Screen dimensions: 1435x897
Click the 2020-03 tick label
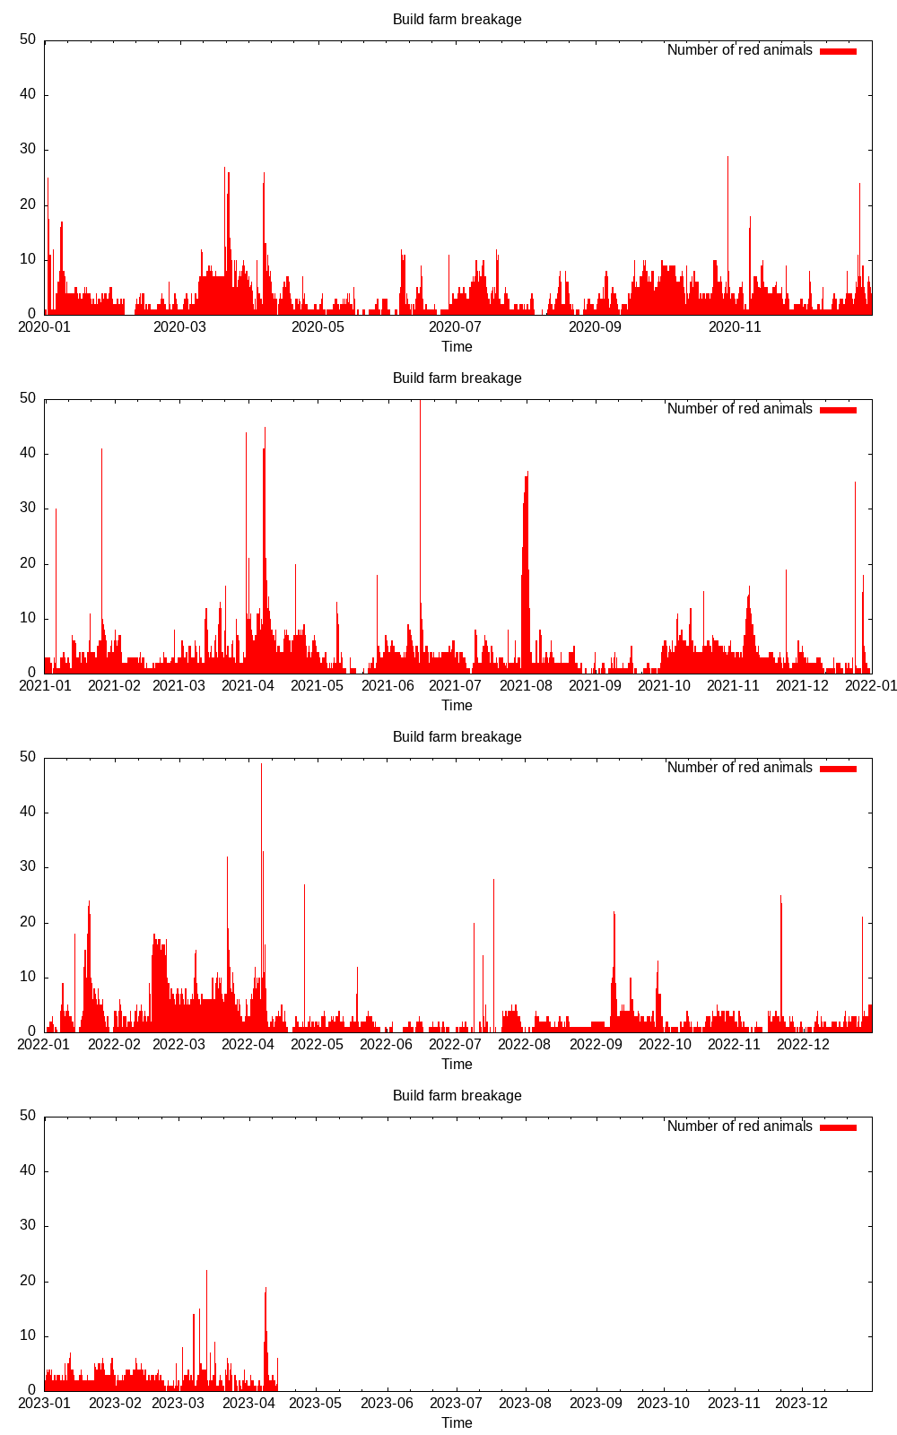tap(179, 327)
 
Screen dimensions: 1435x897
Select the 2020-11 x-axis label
tap(735, 327)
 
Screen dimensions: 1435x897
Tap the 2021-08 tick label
tap(526, 686)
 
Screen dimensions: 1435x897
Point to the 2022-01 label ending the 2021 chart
tap(871, 686)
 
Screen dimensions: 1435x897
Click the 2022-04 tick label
tap(248, 1045)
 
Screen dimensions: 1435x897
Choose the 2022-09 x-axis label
tap(596, 1045)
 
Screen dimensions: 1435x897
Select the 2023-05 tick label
tap(317, 1404)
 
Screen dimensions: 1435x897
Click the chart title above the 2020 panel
tap(457, 20)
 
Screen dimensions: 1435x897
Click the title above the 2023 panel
tap(457, 1096)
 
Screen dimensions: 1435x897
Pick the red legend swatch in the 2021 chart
tap(838, 410)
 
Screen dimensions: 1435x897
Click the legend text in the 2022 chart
tap(739, 768)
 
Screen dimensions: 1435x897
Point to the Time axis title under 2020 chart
tap(457, 347)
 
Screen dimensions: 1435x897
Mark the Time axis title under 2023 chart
tap(457, 1423)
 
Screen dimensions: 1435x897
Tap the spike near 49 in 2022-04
tap(261, 768)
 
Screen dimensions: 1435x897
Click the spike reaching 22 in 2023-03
tap(206, 1274)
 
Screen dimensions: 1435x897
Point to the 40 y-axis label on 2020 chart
tap(28, 95)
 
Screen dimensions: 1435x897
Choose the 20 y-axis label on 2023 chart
tap(28, 1281)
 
